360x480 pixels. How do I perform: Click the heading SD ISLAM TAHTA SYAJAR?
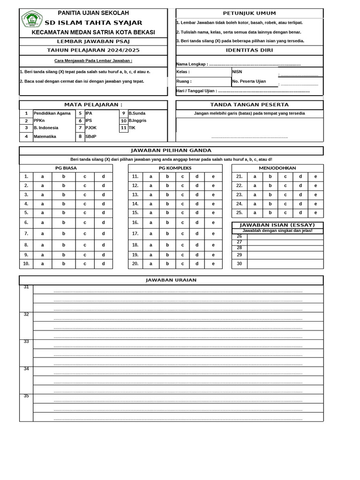[93, 23]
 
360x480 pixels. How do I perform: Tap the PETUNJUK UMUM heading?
[249, 13]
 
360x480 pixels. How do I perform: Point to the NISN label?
[237, 72]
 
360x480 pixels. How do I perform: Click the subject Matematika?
[45, 136]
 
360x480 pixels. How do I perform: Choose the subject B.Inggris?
[137, 120]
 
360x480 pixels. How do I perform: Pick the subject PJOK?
[91, 127]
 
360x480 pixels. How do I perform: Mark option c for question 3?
[85, 195]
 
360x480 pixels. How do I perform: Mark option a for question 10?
[42, 263]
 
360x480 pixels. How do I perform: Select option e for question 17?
[213, 233]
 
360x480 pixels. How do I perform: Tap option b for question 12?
[167, 186]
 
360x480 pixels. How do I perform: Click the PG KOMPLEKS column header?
[175, 168]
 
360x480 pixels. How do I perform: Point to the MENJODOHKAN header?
[277, 168]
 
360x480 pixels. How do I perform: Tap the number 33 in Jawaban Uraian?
[26, 342]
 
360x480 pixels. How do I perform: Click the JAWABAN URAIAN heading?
[171, 280]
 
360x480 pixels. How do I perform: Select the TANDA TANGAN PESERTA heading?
[249, 105]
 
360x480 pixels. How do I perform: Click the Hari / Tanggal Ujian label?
[196, 90]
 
